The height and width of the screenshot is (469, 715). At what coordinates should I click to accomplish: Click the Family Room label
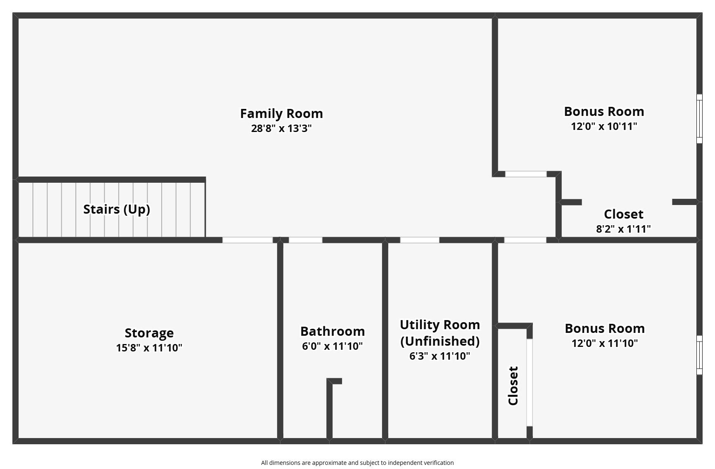tap(281, 113)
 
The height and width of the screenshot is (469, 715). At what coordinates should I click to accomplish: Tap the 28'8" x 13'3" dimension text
tap(281, 128)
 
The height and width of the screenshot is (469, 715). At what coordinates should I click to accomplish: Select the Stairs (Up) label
tap(116, 210)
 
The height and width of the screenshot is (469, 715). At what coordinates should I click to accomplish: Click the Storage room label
tap(149, 333)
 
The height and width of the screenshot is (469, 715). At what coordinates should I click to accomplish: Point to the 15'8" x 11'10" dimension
tap(149, 348)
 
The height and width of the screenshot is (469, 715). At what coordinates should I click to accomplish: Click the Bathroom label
tap(333, 331)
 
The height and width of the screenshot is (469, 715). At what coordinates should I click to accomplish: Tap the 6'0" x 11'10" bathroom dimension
tap(333, 346)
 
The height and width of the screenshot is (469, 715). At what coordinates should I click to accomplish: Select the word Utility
tap(419, 325)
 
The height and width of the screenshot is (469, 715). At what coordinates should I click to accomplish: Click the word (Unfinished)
tap(440, 341)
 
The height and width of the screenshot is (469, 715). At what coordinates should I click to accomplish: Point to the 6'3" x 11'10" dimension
tap(440, 356)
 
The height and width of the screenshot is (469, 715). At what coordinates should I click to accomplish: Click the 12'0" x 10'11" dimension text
tap(604, 126)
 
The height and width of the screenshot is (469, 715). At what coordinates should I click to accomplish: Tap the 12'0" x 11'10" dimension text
tap(605, 343)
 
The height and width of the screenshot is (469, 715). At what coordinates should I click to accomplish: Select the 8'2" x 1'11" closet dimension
tap(623, 229)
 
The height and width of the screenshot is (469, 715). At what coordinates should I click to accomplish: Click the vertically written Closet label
tap(513, 386)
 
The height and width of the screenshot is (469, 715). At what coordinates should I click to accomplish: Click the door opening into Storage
tap(247, 240)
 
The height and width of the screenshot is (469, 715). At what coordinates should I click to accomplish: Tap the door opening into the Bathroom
tap(305, 240)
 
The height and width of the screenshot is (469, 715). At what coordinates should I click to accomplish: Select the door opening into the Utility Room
tap(420, 240)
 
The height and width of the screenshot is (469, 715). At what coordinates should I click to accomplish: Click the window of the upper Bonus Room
tap(699, 119)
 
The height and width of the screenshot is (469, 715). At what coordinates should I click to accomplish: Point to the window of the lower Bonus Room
tap(699, 355)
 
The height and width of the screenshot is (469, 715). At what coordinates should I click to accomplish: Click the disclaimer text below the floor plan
tap(357, 463)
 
